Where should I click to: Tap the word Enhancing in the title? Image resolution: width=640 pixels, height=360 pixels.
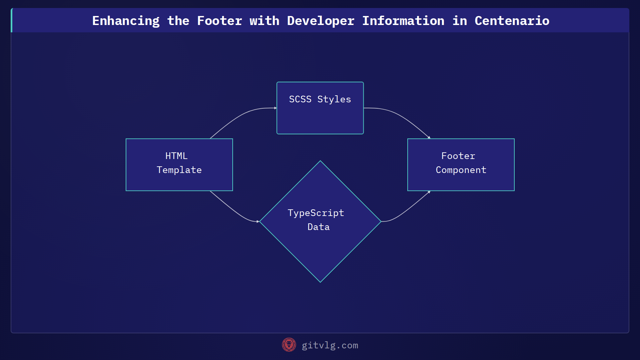tap(126, 21)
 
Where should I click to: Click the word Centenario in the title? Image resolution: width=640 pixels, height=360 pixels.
tap(512, 21)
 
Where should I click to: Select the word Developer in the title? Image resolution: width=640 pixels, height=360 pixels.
tap(320, 21)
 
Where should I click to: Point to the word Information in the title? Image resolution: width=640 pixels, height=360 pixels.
tap(403, 21)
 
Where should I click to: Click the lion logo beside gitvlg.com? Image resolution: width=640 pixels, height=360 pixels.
tap(289, 345)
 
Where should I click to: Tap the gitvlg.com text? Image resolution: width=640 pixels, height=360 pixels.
tap(330, 345)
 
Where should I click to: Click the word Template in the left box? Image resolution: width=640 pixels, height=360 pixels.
tap(179, 170)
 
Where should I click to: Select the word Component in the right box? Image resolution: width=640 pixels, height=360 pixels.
tap(461, 170)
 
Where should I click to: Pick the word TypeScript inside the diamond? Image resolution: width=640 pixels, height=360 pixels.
tap(316, 213)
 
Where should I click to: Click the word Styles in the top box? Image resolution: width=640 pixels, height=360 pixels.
tap(334, 99)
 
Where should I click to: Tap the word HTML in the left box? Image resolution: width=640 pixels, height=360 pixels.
tap(176, 156)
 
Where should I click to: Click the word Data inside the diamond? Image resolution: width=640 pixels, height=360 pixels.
tap(318, 227)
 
